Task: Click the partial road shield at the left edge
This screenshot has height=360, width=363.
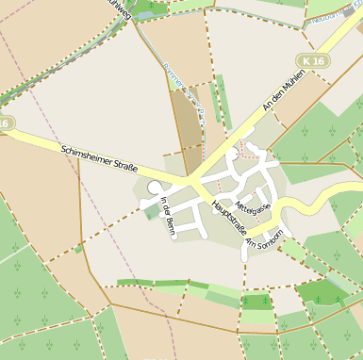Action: pyautogui.click(x=5, y=123)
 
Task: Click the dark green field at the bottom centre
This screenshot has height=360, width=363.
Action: pyautogui.click(x=256, y=303)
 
